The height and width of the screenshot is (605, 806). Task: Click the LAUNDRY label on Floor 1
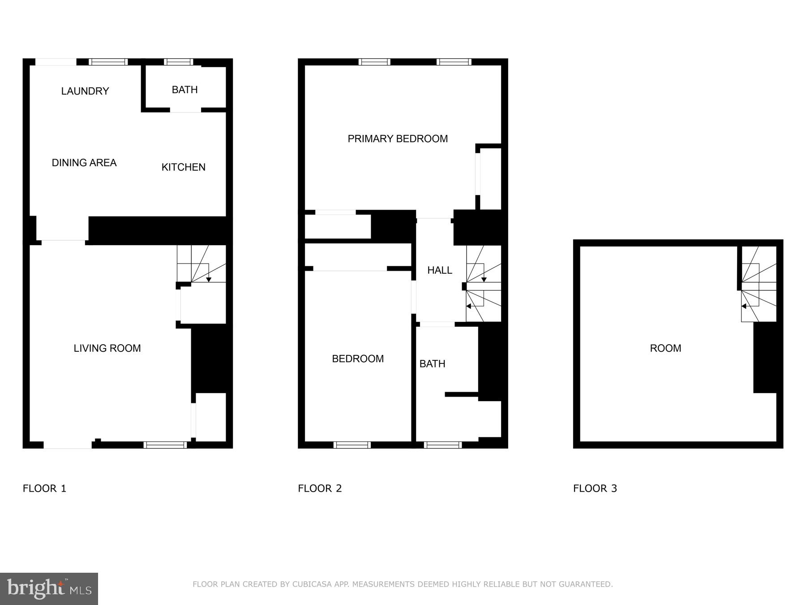tap(85, 91)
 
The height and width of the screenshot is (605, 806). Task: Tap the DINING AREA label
tap(84, 163)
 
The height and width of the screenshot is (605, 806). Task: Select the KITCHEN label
tap(183, 167)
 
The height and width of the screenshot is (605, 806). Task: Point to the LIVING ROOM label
tap(107, 348)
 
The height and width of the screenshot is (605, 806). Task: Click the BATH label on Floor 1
tap(184, 90)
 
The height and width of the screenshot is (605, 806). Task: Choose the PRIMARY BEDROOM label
tap(398, 139)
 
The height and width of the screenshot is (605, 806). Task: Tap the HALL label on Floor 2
tap(439, 270)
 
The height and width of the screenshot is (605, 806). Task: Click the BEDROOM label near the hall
tap(357, 359)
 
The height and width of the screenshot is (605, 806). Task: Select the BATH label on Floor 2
tap(432, 364)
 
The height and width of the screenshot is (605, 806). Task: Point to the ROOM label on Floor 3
tap(665, 348)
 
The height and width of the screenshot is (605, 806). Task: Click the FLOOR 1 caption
tap(44, 488)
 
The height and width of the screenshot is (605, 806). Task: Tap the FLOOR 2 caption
tap(320, 488)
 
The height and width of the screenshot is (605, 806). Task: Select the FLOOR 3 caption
tap(595, 488)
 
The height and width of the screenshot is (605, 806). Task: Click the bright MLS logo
tap(49, 588)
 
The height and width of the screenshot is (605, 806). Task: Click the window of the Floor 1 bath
tap(178, 62)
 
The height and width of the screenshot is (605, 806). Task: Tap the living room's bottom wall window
tap(165, 445)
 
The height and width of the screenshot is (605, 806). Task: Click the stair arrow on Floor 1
tap(209, 279)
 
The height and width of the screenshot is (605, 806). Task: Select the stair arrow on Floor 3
tap(744, 306)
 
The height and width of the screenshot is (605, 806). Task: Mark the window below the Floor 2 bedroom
tap(352, 445)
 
